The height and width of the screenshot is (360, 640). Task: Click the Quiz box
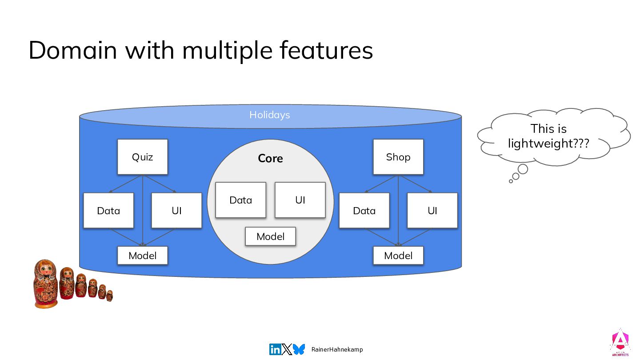142,157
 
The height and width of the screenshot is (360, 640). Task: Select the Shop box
398,157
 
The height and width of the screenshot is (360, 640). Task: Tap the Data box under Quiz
108,211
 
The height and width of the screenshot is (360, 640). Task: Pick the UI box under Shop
432,211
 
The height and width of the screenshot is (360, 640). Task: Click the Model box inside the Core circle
270,236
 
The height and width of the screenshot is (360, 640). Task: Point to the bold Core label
270,159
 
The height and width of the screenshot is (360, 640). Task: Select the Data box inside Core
240,200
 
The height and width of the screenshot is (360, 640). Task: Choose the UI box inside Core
300,200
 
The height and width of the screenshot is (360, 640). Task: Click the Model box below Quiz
142,256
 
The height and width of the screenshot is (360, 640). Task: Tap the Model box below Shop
398,256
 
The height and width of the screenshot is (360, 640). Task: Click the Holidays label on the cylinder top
269,115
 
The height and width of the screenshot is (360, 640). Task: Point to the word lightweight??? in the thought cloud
548,144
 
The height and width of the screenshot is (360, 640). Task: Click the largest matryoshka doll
46,284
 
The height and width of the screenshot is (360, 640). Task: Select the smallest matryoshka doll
109,296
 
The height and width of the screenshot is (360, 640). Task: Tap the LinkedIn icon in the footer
275,349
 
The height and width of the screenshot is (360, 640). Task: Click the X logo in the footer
287,349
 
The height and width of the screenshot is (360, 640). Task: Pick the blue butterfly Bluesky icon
299,349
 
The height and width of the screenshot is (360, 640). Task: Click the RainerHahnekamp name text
337,349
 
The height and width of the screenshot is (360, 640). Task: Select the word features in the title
326,50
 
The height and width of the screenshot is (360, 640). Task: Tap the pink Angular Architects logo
620,342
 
